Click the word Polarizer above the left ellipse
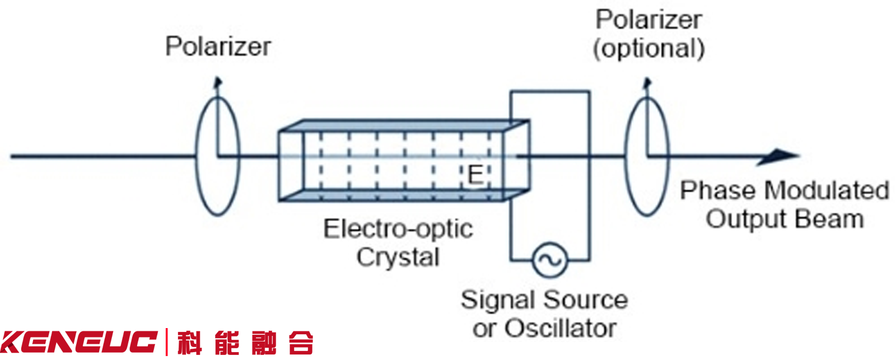218,46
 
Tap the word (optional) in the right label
648,49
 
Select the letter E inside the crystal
475,175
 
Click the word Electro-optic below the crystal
398,229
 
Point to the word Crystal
398,258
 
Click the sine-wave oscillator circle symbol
549,260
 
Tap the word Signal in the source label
497,300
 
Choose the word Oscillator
561,329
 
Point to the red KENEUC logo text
78,342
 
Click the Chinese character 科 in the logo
190,343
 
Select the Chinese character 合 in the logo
301,343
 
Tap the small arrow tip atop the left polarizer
218,82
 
